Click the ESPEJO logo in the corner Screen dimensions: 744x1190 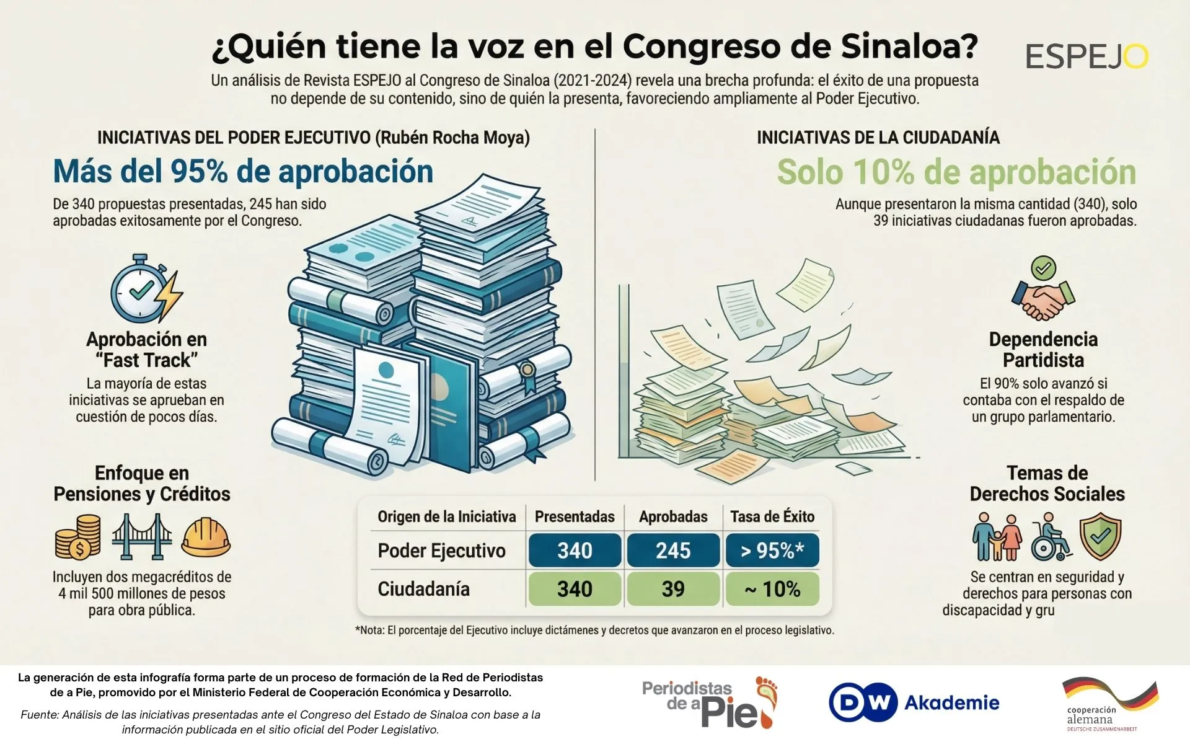(1086, 57)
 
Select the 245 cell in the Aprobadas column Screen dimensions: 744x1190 (673, 551)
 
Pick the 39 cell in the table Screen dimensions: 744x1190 (673, 589)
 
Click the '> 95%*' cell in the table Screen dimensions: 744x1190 (772, 551)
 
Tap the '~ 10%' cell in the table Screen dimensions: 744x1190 (772, 589)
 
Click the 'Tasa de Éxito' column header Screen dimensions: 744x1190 (772, 516)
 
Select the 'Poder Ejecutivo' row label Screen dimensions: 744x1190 (441, 551)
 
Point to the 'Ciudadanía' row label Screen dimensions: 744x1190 (424, 589)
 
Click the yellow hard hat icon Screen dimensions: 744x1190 (206, 537)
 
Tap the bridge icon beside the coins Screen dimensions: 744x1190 (142, 537)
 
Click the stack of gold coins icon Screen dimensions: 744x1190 (78, 537)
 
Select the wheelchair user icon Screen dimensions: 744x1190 (1050, 537)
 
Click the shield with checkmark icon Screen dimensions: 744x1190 (1100, 536)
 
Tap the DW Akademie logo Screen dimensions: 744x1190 (914, 702)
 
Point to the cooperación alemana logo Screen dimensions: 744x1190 (1109, 704)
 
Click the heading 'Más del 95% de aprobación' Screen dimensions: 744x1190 (243, 172)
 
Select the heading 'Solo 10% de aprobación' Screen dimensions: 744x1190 (956, 172)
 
